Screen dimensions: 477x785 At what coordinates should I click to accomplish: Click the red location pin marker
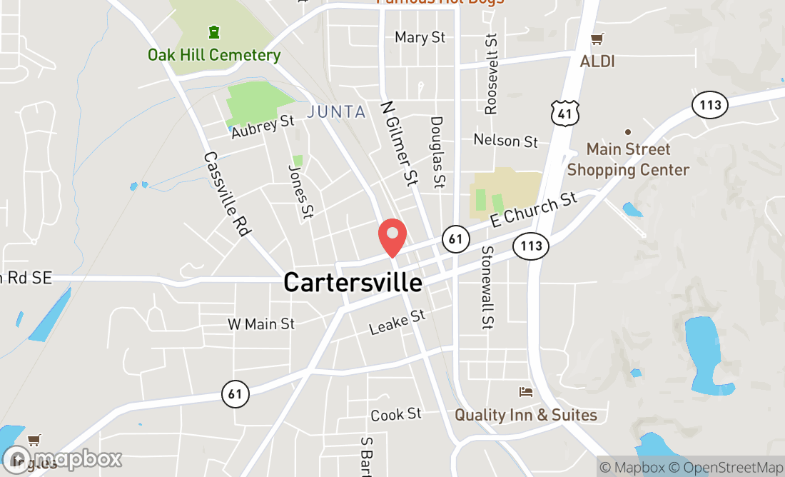(392, 237)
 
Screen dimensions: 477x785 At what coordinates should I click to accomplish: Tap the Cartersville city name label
(353, 282)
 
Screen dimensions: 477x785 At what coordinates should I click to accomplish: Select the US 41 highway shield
(564, 112)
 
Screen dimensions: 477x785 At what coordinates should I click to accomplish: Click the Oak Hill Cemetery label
(214, 55)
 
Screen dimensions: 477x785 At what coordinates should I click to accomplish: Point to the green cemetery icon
(213, 32)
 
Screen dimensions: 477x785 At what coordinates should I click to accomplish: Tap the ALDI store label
(597, 61)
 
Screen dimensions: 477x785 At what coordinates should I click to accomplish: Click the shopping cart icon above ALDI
(597, 39)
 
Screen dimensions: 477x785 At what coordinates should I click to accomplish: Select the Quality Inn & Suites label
(526, 415)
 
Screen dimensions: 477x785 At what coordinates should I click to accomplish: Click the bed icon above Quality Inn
(526, 392)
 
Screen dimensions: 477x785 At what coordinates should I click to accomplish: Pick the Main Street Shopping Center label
(628, 160)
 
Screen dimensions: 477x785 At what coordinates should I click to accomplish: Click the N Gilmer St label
(399, 143)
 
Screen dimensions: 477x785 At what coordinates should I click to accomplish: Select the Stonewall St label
(487, 288)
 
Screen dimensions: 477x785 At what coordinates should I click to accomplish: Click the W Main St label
(261, 324)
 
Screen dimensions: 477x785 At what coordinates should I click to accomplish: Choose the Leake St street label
(397, 322)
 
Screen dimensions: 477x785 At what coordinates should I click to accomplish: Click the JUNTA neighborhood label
(336, 112)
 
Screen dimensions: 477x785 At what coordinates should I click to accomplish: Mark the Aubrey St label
(263, 125)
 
